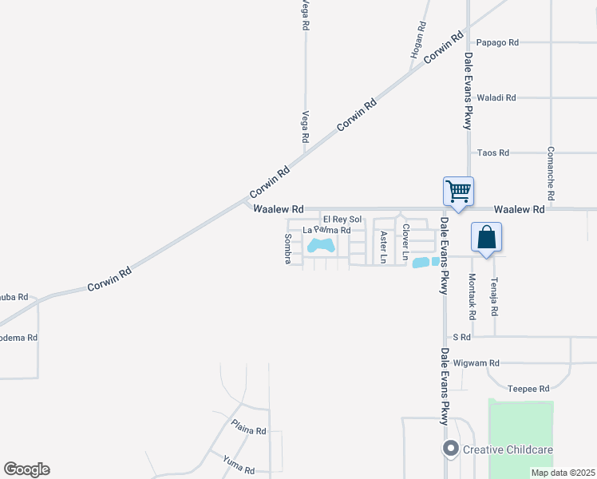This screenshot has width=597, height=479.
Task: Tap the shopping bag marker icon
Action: point(487,237)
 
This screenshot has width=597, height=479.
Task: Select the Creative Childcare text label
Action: point(508,450)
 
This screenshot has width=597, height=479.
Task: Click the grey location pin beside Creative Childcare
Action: point(450,449)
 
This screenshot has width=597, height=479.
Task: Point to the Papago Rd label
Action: point(497,42)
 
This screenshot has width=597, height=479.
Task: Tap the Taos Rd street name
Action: point(492,152)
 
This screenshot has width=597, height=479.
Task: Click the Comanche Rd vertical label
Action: point(551,173)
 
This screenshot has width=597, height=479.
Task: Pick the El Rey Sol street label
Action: point(342,219)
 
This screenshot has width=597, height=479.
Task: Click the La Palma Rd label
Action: point(326,230)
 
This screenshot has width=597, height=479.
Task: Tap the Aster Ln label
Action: point(384,247)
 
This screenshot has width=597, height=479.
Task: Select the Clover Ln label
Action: point(405,243)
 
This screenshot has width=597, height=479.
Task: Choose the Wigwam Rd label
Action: point(476,362)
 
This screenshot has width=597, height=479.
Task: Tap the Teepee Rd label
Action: point(529,389)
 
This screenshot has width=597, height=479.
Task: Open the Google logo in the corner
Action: point(26,469)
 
